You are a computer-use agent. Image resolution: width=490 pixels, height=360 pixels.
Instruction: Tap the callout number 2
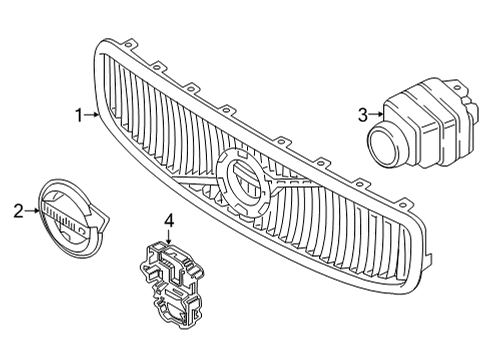[x=17, y=211]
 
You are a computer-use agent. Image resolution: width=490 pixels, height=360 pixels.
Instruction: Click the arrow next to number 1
[x=92, y=116]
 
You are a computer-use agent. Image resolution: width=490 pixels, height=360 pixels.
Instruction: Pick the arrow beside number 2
[x=32, y=211]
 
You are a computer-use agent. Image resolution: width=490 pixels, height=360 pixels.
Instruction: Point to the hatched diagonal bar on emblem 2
[x=61, y=213]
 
